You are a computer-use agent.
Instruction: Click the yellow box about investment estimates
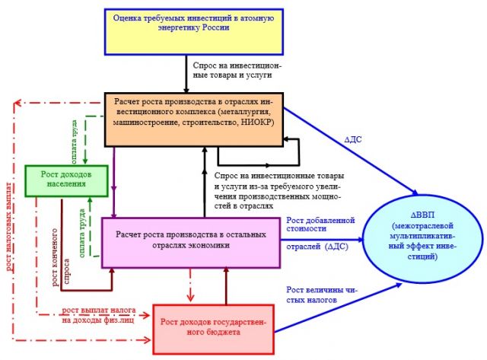coord(194,32)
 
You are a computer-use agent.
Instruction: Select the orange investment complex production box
coord(194,119)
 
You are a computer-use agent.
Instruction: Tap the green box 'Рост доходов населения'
coord(66,181)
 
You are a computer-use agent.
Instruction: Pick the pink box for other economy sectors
coord(191,243)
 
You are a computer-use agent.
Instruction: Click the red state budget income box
coord(213,330)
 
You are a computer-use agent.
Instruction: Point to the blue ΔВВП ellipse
coord(423,238)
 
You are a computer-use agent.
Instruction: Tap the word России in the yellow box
coord(216,27)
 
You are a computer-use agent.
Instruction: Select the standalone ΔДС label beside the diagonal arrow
coord(353,139)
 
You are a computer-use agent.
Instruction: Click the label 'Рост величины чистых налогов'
coord(322,295)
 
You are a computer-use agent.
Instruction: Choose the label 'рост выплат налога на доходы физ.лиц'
coord(98,315)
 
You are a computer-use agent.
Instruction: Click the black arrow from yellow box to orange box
coord(186,74)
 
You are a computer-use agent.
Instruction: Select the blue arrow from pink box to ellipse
coord(322,240)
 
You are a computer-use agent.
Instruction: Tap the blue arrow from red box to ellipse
coord(338,307)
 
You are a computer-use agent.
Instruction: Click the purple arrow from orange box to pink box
coord(114,182)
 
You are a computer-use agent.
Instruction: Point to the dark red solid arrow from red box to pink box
coord(226,285)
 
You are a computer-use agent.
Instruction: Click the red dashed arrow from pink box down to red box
coord(190,285)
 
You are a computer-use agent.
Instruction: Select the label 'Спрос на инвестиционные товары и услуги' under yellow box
coord(237,70)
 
